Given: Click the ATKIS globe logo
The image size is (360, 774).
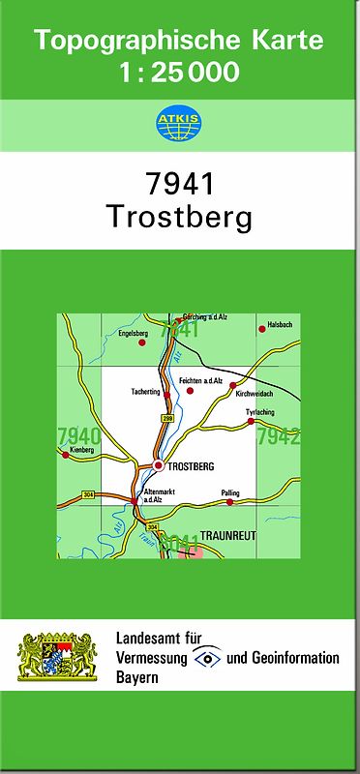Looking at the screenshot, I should coord(179,124).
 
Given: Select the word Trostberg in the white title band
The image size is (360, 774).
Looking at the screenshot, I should coord(179,217).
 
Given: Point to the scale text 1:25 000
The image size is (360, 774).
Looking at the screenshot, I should coord(179,74).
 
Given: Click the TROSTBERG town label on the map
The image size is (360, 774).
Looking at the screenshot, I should coord(190,466).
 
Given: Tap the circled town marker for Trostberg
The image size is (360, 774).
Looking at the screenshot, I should coord(158,465).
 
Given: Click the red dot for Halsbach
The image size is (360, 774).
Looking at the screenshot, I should coord(261,330).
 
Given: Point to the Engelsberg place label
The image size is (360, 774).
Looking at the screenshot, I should coord(131,332).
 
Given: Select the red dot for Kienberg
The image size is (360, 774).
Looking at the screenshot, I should coord(65,453).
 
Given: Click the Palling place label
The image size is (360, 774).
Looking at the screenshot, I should coord(229,492).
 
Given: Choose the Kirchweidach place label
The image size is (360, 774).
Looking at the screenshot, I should coord(255,394).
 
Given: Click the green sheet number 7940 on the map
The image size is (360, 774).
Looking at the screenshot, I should coord(77,434).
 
